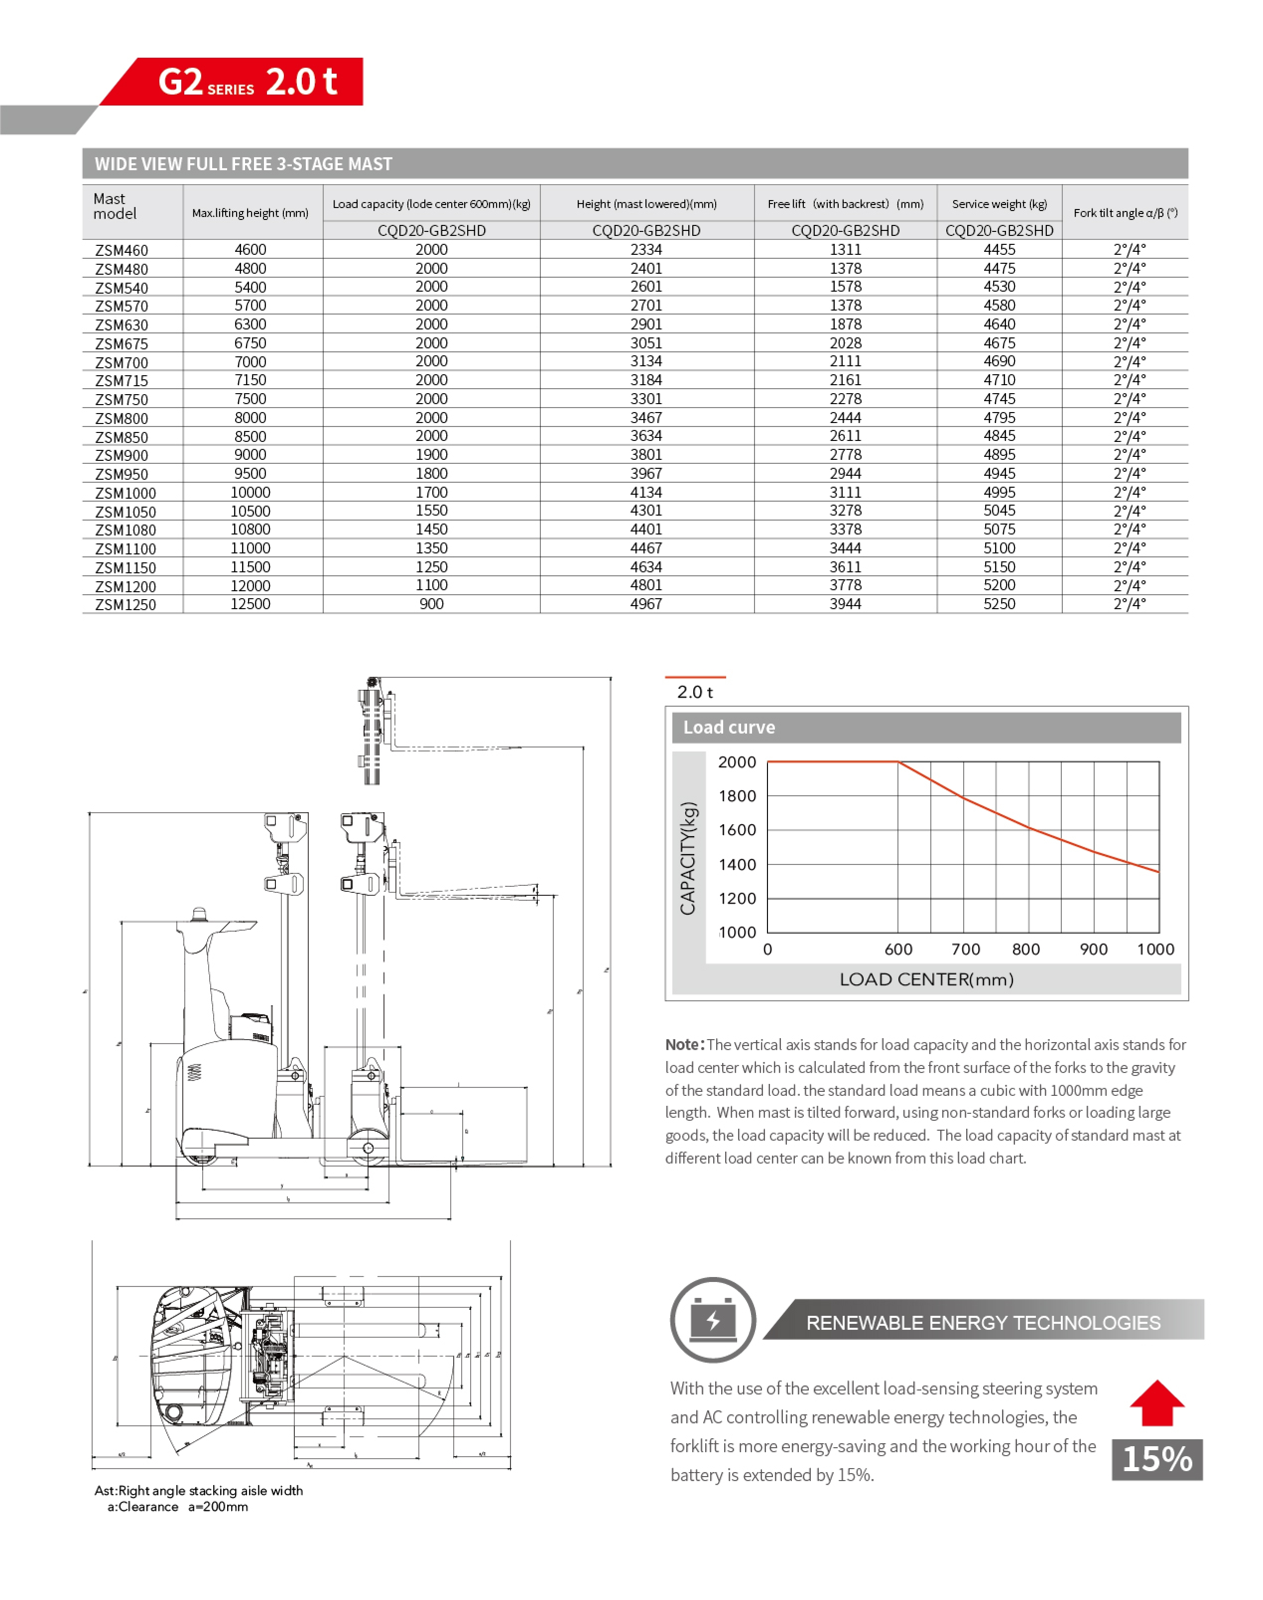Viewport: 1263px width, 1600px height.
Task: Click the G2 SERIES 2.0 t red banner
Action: [247, 81]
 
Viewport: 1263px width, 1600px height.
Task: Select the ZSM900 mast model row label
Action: [122, 455]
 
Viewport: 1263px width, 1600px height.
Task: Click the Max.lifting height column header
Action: [250, 213]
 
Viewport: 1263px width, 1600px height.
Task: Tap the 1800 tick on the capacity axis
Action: [737, 796]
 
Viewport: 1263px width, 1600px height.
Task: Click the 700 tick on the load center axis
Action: [965, 949]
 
